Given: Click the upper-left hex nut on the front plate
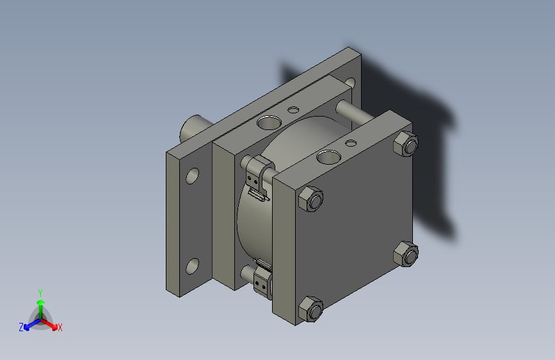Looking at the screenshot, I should [311, 199].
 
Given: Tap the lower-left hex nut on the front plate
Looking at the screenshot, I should [310, 310].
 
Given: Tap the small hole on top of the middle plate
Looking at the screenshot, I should [294, 110].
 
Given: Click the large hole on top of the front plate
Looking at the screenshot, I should [328, 156].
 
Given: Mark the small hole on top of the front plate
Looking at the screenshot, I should [351, 142].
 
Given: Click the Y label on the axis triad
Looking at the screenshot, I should [40, 291].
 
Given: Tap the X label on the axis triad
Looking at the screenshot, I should [60, 328].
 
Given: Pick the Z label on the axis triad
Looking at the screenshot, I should [21, 327].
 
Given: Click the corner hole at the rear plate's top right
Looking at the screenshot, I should [350, 83].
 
